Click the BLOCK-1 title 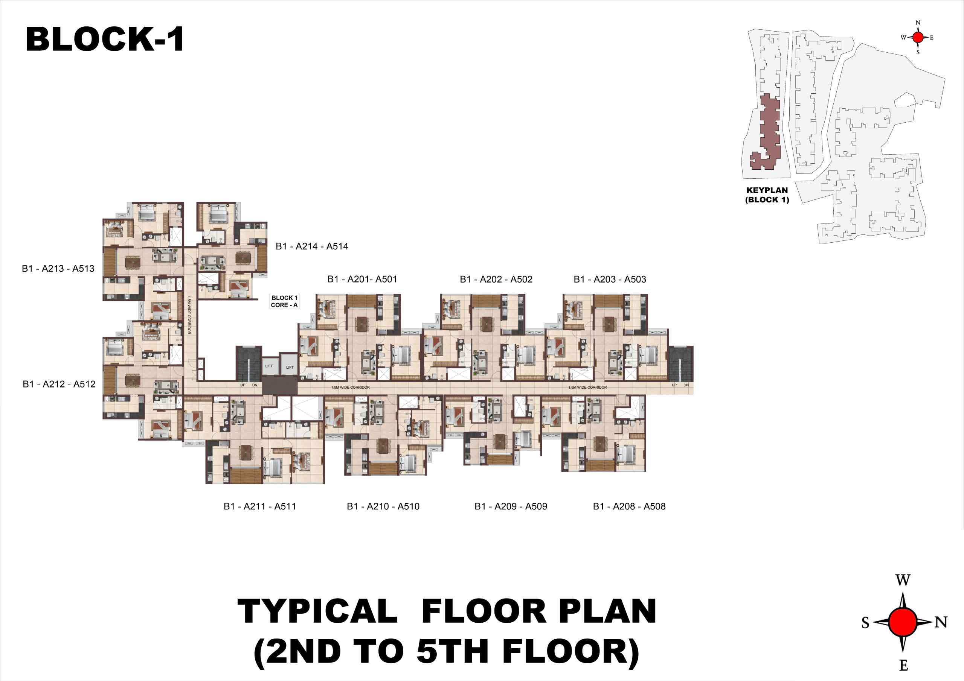[x=105, y=40]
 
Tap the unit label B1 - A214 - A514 [x=312, y=246]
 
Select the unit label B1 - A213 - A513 [x=58, y=269]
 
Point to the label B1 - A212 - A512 [x=59, y=384]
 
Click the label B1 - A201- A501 [x=362, y=279]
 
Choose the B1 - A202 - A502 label [x=496, y=279]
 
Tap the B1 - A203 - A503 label [x=610, y=279]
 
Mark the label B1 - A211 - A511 [x=260, y=506]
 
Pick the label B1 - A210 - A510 [x=383, y=506]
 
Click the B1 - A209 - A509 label [x=511, y=506]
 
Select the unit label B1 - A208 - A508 [x=629, y=506]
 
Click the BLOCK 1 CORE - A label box [x=284, y=301]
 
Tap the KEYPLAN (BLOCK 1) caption [x=767, y=195]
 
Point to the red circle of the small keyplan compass [x=918, y=37]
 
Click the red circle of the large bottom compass [x=903, y=622]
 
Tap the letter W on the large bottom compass [x=903, y=580]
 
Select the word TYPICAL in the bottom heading [x=318, y=611]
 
